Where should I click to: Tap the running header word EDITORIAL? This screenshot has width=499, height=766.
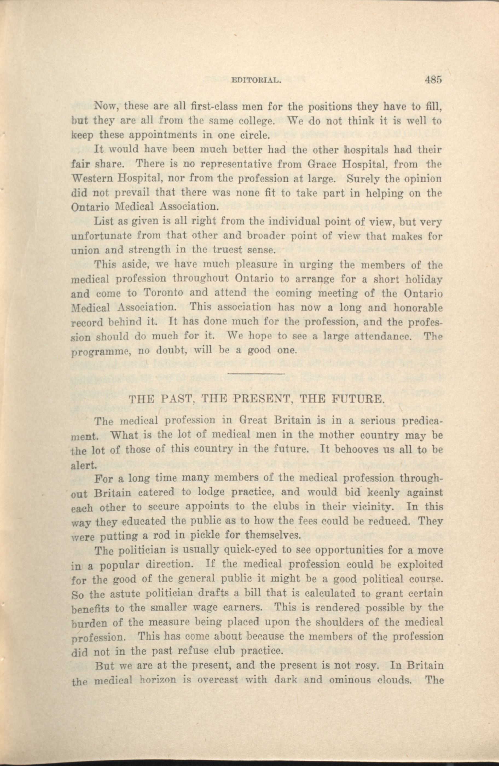256,81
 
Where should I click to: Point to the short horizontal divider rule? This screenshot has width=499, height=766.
256,373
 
